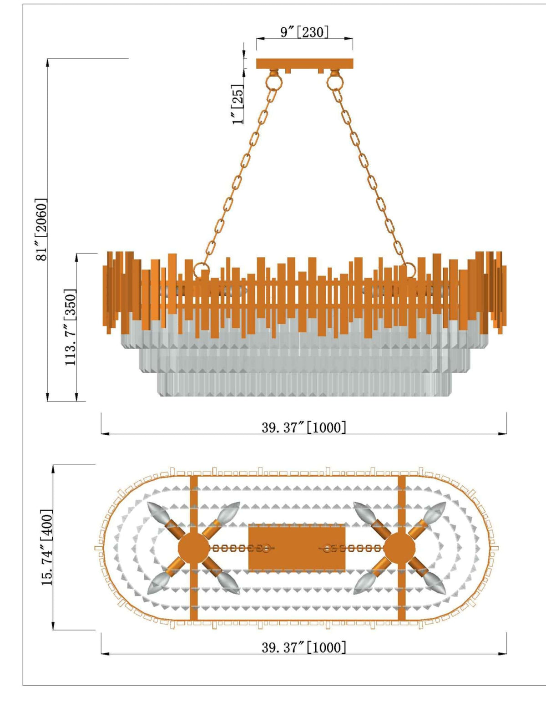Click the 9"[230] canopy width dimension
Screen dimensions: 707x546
pyautogui.click(x=304, y=32)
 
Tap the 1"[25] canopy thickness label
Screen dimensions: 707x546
pyautogui.click(x=238, y=104)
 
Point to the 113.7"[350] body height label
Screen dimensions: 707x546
pyautogui.click(x=70, y=327)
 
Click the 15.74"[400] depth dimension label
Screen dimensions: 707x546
pyautogui.click(x=47, y=547)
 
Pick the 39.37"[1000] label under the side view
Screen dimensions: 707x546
pyautogui.click(x=303, y=427)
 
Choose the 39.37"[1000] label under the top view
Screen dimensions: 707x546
pyautogui.click(x=303, y=647)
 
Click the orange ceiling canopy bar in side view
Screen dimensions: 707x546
pyautogui.click(x=304, y=63)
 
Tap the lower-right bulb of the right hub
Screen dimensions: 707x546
pyautogui.click(x=434, y=584)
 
